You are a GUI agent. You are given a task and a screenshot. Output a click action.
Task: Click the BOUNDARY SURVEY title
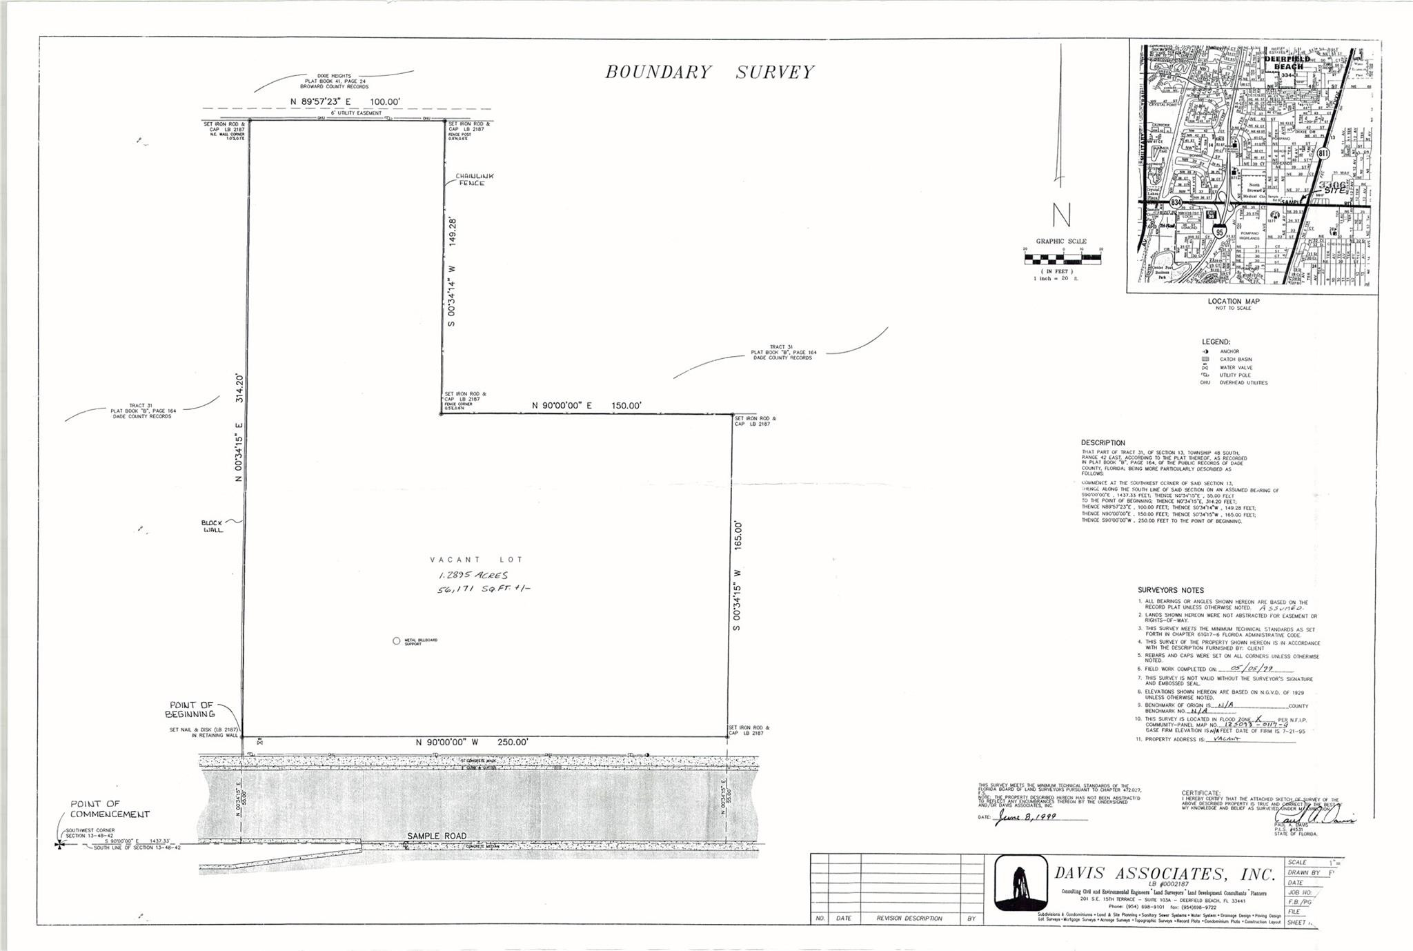(709, 72)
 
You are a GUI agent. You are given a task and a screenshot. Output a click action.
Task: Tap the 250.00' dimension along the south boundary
(472, 743)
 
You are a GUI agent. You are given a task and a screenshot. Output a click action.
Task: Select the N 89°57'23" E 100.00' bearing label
(345, 102)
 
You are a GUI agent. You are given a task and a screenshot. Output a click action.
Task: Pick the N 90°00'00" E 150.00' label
(586, 406)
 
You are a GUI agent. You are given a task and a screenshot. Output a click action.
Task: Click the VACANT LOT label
(476, 560)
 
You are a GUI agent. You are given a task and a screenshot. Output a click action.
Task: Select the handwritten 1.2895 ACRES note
(473, 575)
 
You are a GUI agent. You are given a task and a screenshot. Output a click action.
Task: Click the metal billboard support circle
(396, 640)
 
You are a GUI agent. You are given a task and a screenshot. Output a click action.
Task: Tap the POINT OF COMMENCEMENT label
(110, 809)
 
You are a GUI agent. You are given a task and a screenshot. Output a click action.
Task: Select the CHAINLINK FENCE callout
(474, 179)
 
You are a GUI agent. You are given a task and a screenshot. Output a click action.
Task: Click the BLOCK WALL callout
(213, 526)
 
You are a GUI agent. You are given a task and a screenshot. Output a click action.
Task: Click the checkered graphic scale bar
(1063, 259)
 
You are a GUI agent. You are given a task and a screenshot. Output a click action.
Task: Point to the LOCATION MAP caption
(1234, 302)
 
